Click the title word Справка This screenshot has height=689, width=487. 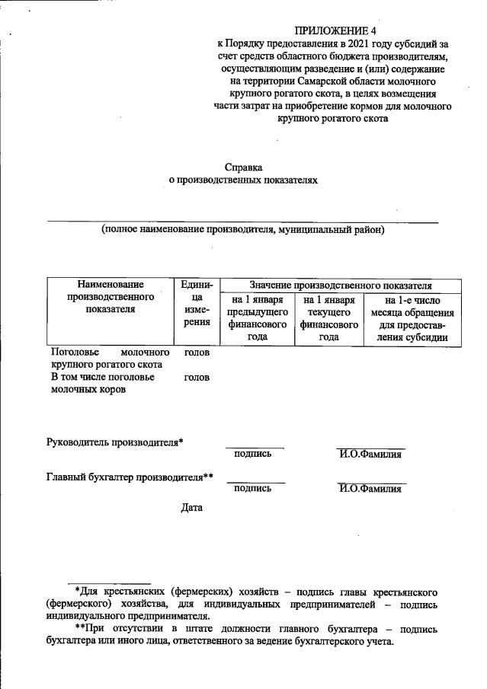tap(243, 166)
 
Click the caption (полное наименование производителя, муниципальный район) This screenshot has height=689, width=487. tap(243, 229)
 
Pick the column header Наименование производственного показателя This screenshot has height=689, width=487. tap(110, 297)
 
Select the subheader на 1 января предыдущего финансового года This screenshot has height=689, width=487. tap(257, 318)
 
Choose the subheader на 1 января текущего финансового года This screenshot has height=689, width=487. tap(328, 318)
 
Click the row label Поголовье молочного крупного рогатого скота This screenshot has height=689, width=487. tap(109, 359)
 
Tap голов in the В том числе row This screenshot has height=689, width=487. tap(197, 377)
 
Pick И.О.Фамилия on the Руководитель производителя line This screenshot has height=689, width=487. tap(370, 455)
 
